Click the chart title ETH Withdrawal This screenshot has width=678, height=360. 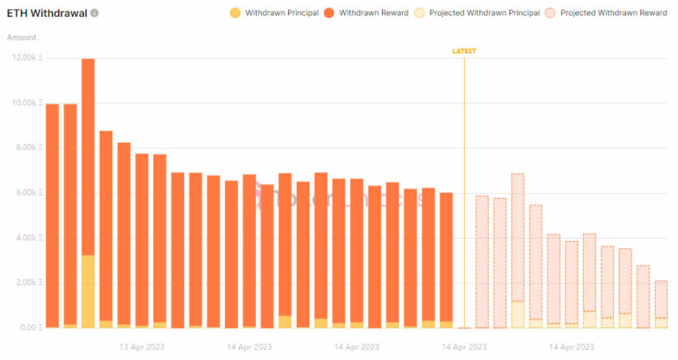[46, 14]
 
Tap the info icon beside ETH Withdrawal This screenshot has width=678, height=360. [95, 14]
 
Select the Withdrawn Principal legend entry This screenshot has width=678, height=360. [274, 13]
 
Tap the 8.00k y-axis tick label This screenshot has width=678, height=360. [24, 148]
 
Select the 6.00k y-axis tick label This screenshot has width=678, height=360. [24, 192]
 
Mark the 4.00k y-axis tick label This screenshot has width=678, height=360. [24, 238]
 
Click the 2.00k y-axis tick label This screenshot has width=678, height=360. [24, 283]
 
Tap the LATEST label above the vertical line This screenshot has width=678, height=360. [464, 51]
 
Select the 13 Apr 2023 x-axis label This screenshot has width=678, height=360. [142, 347]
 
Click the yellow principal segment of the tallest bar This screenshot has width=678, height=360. [88, 291]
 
